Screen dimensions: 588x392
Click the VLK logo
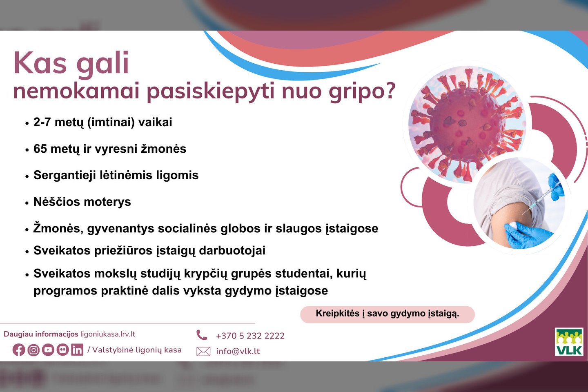pyautogui.click(x=569, y=342)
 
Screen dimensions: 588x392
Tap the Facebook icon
pyautogui.click(x=19, y=350)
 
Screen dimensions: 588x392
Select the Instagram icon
pyautogui.click(x=33, y=350)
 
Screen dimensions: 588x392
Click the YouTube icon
pyautogui.click(x=48, y=350)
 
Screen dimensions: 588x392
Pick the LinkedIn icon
pyautogui.click(x=77, y=350)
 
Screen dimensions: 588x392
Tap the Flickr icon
pyautogui.click(x=63, y=350)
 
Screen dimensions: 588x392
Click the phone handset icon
pyautogui.click(x=202, y=335)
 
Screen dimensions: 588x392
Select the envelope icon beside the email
pyautogui.click(x=203, y=351)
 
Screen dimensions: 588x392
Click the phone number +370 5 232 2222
pyautogui.click(x=250, y=336)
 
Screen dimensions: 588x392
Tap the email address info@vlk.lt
pyautogui.click(x=238, y=351)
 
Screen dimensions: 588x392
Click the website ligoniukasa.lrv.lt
pyautogui.click(x=108, y=334)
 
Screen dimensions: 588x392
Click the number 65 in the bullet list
pyautogui.click(x=40, y=149)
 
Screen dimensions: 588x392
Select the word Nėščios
pyautogui.click(x=56, y=202)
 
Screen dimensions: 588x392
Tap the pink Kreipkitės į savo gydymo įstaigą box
pyautogui.click(x=388, y=314)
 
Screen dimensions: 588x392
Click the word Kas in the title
pyautogui.click(x=40, y=63)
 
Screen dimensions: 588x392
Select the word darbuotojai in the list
pyautogui.click(x=232, y=250)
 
